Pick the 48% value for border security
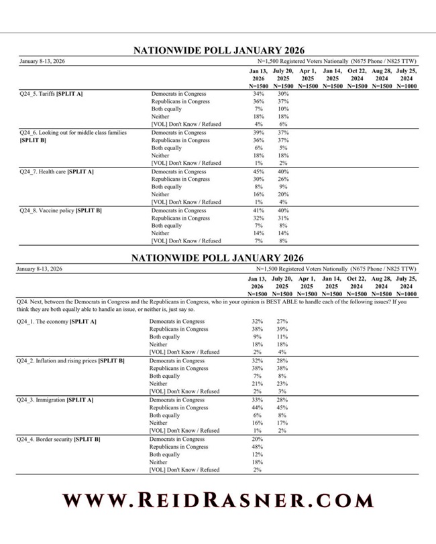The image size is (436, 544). tap(257, 447)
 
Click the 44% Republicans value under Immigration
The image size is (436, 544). tap(257, 407)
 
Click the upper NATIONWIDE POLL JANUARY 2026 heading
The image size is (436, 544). tap(218, 50)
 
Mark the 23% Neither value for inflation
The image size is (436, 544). tap(282, 384)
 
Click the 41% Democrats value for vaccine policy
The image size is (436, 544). tap(258, 210)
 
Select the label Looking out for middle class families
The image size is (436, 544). tap(73, 133)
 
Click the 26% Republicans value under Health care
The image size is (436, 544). tap(283, 179)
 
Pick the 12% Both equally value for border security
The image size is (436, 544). tap(257, 454)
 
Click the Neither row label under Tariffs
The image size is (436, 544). tap(160, 117)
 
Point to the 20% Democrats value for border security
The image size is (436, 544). tap(257, 439)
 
